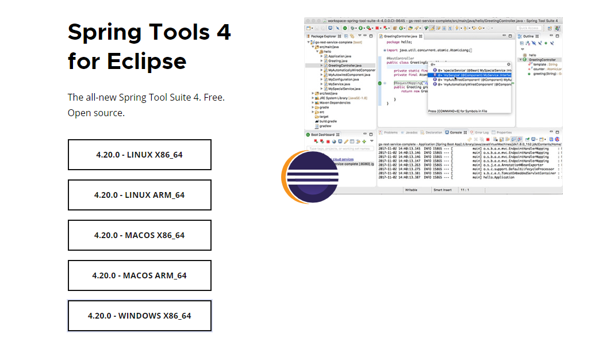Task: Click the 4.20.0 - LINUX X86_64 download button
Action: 139,155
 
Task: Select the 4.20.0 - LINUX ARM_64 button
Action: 139,195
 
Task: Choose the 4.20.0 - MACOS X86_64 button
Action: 139,235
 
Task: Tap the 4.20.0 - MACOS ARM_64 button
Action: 139,275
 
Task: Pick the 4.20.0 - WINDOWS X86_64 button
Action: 139,316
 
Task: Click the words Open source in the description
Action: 95,113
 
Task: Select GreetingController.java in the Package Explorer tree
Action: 344,66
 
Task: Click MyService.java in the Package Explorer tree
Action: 339,84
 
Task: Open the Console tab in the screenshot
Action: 455,132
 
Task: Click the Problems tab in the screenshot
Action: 390,132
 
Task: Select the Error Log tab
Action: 481,132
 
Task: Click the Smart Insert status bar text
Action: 442,189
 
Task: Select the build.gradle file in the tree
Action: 328,121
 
